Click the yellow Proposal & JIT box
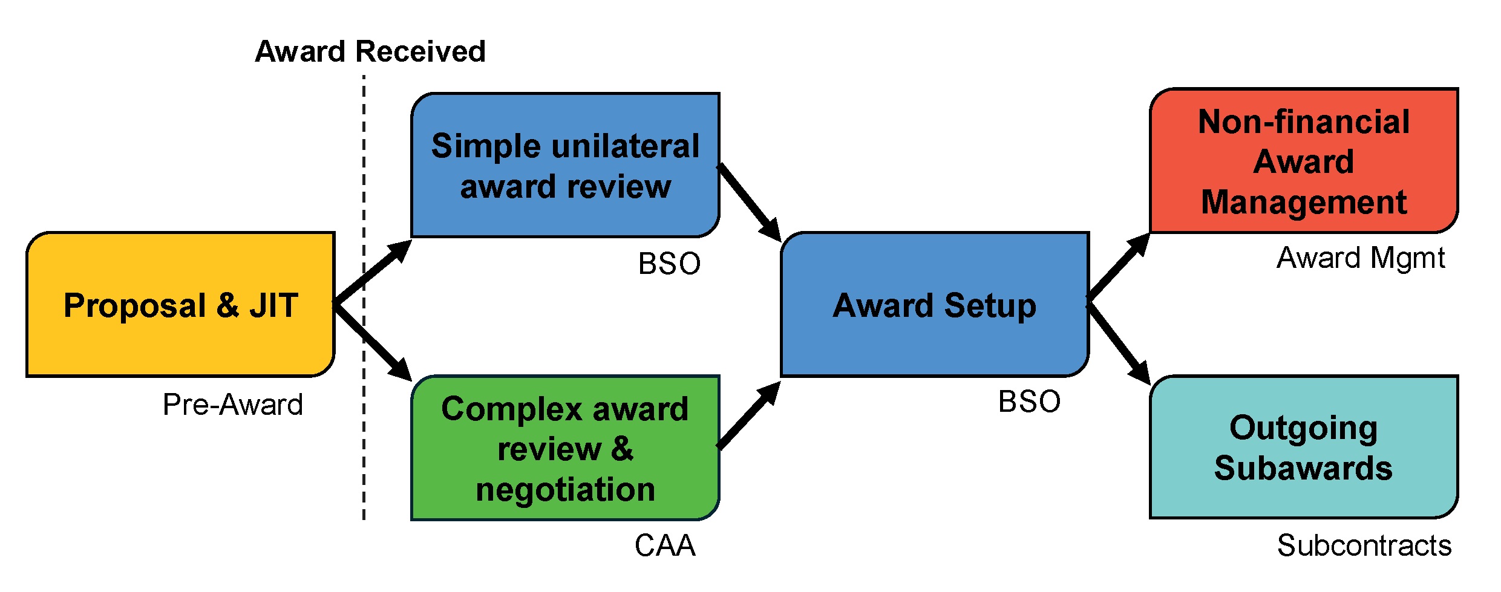pyautogui.click(x=180, y=304)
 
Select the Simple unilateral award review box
pyautogui.click(x=565, y=165)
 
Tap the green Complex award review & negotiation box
pyautogui.click(x=565, y=448)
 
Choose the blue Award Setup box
pyautogui.click(x=935, y=304)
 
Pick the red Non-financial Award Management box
pyautogui.click(x=1304, y=161)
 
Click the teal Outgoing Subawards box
pyautogui.click(x=1304, y=447)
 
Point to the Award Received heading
pyautogui.click(x=370, y=51)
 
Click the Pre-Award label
pyautogui.click(x=233, y=405)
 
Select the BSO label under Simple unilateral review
pyautogui.click(x=669, y=264)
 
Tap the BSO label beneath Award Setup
pyautogui.click(x=1029, y=402)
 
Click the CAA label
pyautogui.click(x=665, y=545)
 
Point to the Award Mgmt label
pyautogui.click(x=1361, y=258)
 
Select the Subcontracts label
pyautogui.click(x=1364, y=545)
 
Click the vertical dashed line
pyautogui.click(x=364, y=423)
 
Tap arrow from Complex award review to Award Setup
pyautogui.click(x=749, y=415)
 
